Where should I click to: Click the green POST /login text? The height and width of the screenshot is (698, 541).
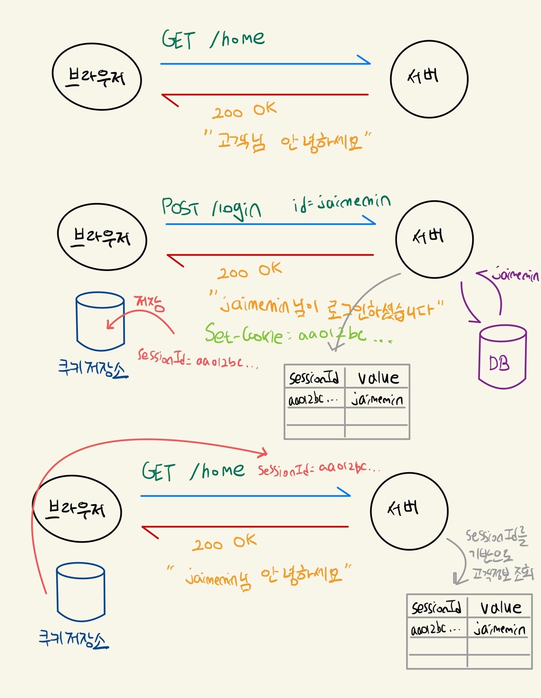pos(211,208)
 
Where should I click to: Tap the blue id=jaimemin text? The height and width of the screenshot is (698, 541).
pos(341,202)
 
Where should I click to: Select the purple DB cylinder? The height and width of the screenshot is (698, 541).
pos(502,357)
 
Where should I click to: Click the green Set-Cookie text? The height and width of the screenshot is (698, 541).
pos(243,334)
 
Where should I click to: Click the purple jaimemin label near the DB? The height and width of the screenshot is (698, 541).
pos(515,275)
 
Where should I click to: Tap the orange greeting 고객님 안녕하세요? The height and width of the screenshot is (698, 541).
pos(288,142)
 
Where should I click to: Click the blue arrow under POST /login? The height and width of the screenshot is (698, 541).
pos(270,223)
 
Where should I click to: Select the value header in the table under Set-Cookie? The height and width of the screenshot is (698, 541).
pos(378,378)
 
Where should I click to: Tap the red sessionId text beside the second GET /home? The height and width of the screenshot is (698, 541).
pos(318,469)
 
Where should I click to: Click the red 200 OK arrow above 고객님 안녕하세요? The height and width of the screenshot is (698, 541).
pos(265,95)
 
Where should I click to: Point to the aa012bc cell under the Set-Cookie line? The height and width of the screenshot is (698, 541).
pos(314,400)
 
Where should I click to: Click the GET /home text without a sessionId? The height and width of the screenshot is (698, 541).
pos(213,39)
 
